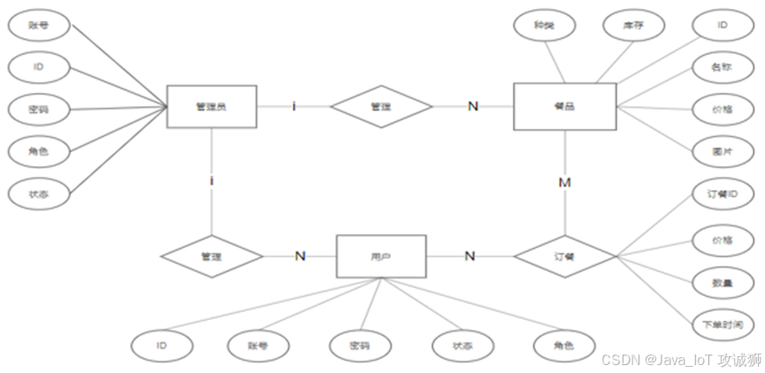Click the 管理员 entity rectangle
[211, 107]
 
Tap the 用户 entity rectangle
[381, 256]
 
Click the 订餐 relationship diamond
[565, 256]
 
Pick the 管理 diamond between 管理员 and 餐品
[381, 107]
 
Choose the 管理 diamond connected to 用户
[211, 256]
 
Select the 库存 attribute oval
[637, 27]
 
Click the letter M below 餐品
[564, 182]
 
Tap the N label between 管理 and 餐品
[472, 106]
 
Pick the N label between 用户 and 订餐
[470, 256]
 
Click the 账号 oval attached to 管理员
[39, 26]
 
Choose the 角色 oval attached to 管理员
[39, 152]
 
